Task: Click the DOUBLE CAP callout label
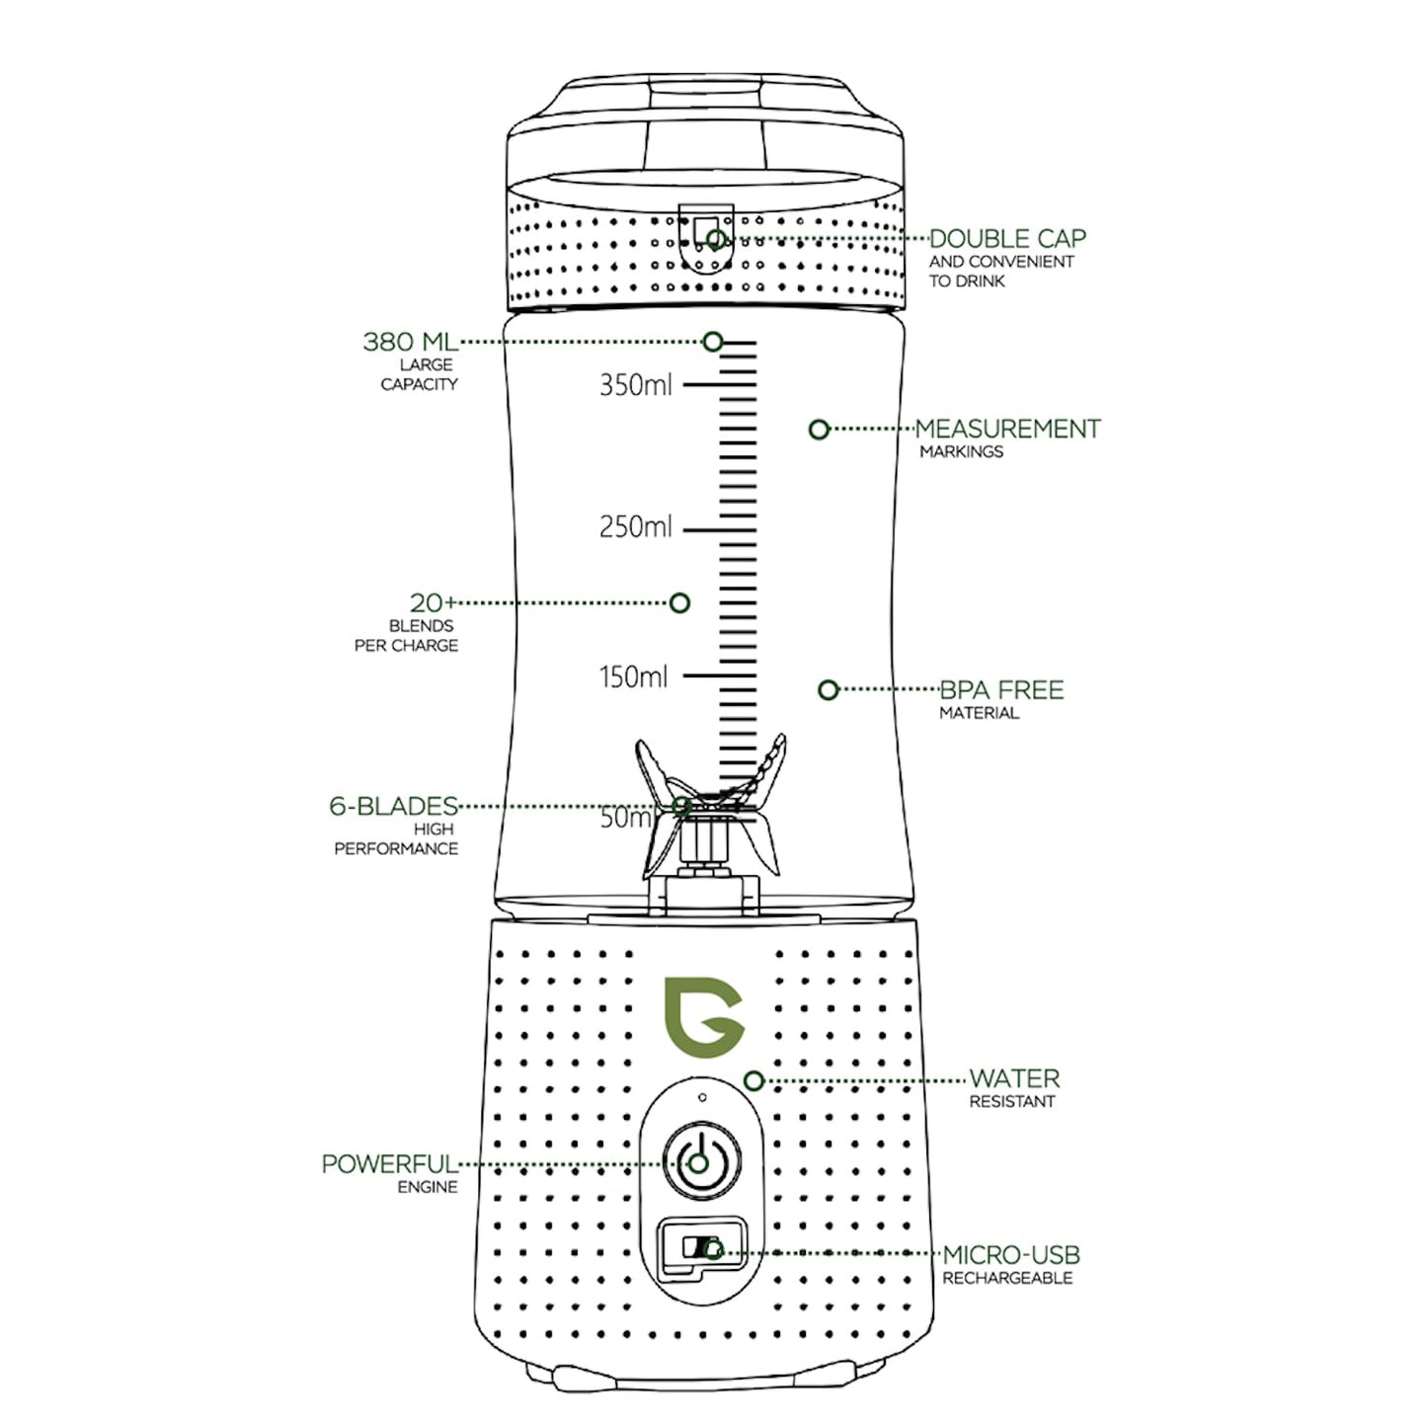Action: click(1006, 239)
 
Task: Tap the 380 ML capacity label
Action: click(410, 342)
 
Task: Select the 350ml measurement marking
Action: click(635, 384)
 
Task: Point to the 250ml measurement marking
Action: click(635, 527)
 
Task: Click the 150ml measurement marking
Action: click(633, 677)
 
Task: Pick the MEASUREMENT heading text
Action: click(1007, 429)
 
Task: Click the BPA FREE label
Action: click(1001, 689)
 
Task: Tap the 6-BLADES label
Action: click(393, 806)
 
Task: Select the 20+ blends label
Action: click(433, 602)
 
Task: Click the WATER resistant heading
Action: click(1014, 1078)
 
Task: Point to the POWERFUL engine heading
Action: click(389, 1164)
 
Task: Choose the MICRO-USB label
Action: click(1011, 1255)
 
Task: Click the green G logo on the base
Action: click(702, 1018)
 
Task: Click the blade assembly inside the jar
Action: click(708, 810)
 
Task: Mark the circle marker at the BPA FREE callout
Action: click(829, 689)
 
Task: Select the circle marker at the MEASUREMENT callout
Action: click(819, 430)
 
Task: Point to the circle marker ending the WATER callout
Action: click(753, 1080)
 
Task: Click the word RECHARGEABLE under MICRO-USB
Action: click(1006, 1278)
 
